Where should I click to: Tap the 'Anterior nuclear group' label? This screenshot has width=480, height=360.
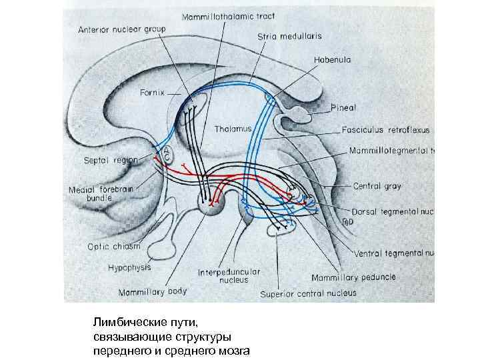pyautogui.click(x=122, y=29)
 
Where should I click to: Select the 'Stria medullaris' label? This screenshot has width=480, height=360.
pyautogui.click(x=277, y=38)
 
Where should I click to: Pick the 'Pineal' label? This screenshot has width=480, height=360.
pyautogui.click(x=344, y=107)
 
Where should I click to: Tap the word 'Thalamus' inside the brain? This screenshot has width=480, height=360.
pyautogui.click(x=233, y=127)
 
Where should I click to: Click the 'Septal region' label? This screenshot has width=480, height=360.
pyautogui.click(x=111, y=160)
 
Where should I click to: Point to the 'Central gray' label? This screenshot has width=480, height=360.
pyautogui.click(x=377, y=186)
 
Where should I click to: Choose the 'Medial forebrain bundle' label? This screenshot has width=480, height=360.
pyautogui.click(x=101, y=193)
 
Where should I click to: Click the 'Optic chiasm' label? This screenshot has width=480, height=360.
pyautogui.click(x=114, y=246)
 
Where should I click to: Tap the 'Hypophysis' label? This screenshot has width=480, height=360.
pyautogui.click(x=129, y=267)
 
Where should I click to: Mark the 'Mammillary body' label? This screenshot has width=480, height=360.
pyautogui.click(x=153, y=291)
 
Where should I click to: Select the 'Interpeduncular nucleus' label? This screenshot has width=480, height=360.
pyautogui.click(x=229, y=277)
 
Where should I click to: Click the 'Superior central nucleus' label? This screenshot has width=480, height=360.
pyautogui.click(x=308, y=293)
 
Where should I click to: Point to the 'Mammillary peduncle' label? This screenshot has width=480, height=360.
pyautogui.click(x=353, y=277)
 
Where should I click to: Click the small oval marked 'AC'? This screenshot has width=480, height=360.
pyautogui.click(x=168, y=155)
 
